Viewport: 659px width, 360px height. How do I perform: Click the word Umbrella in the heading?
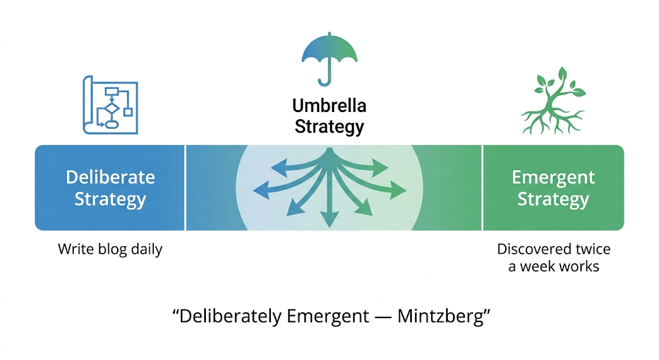click(x=329, y=106)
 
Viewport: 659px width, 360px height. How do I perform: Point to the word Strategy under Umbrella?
click(x=329, y=126)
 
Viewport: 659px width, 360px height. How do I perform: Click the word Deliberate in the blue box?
click(x=110, y=177)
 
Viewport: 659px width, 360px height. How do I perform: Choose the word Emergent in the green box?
click(x=553, y=177)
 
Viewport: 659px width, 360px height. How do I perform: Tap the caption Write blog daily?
click(x=110, y=249)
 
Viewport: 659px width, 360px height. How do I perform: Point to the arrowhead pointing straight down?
click(x=329, y=221)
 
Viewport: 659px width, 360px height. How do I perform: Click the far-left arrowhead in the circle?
click(x=261, y=189)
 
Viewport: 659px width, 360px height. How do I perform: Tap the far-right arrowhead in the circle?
click(x=400, y=190)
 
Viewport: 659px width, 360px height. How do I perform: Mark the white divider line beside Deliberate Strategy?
click(x=185, y=187)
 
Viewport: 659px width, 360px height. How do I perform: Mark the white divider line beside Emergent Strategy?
click(x=482, y=187)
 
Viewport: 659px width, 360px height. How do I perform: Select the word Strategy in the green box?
click(x=553, y=199)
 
